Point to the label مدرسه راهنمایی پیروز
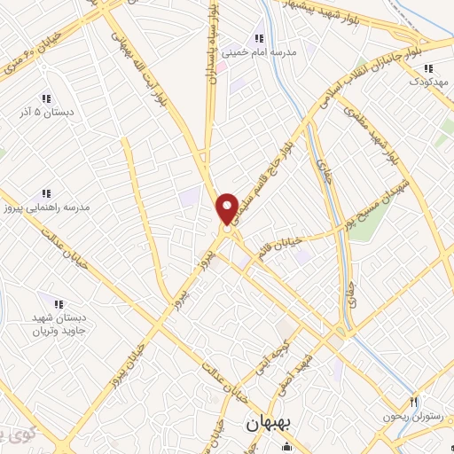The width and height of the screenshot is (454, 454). pyautogui.click(x=45, y=207)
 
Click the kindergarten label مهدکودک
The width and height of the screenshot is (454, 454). pyautogui.click(x=429, y=82)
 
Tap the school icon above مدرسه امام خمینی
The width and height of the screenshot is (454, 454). pyautogui.click(x=260, y=38)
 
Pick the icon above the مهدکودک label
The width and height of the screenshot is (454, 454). pyautogui.click(x=428, y=67)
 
